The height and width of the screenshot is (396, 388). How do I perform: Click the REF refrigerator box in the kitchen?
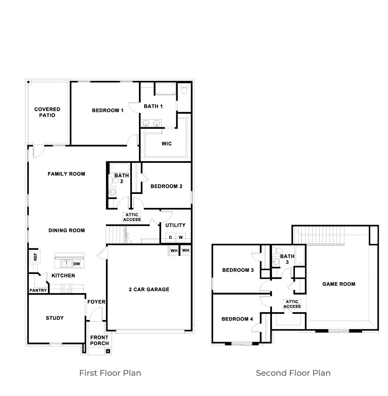point(35,256)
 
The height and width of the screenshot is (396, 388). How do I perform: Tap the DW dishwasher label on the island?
point(76,264)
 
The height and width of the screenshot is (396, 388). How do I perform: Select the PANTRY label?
point(38,290)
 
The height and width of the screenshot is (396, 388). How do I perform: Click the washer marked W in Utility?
point(181,237)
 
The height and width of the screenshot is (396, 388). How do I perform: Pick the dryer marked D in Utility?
point(170,237)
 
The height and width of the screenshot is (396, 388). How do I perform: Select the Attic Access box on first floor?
point(132,217)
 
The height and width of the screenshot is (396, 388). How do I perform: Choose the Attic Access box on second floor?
point(292,304)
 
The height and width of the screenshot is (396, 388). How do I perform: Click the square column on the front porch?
point(108,351)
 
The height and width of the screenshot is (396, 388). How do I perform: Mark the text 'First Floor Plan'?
point(110,373)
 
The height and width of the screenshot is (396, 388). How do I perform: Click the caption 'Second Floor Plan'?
point(293,373)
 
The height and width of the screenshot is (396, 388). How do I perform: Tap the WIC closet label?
point(167,144)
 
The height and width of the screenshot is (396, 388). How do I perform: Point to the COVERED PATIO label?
point(47,112)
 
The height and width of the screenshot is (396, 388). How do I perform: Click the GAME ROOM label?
point(339,284)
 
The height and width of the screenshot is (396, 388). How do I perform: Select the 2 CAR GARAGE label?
point(149,289)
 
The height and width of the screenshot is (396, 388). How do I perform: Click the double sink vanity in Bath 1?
point(152,123)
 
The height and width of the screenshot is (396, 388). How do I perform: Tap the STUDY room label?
point(55,318)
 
